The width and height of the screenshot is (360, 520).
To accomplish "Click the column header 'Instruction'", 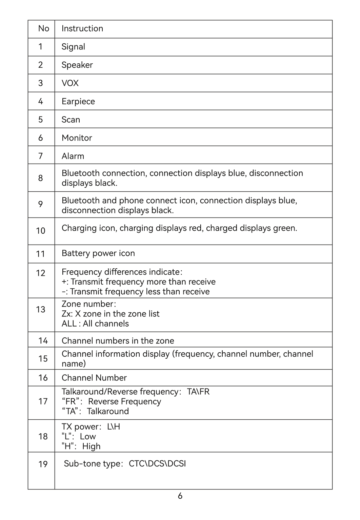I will point(82,28).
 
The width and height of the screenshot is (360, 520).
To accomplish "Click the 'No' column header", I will point(44,28).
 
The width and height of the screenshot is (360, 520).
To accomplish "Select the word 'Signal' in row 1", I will point(73,47).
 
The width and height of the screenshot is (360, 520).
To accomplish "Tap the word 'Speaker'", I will point(77,65).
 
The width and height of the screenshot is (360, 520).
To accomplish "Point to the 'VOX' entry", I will point(70,83).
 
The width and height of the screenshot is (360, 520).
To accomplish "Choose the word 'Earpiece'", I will point(78,102).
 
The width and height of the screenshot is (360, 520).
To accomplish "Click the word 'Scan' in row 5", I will point(71,120).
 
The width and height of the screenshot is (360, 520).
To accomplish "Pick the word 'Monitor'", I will point(77,138).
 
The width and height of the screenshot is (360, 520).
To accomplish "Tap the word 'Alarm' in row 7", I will point(73,156).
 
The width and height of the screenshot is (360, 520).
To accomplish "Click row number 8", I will point(41,178).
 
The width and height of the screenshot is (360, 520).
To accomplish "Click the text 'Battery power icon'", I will point(98,253).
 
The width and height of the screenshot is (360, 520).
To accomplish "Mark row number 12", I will point(41,273).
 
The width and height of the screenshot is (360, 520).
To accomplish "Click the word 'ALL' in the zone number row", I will point(69,324).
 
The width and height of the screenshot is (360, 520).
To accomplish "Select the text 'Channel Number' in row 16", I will point(94,378).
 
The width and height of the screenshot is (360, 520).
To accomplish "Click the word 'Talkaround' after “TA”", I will point(108,411).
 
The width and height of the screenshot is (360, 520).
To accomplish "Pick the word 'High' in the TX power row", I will point(91,446).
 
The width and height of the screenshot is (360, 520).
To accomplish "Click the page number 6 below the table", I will point(180,496).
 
